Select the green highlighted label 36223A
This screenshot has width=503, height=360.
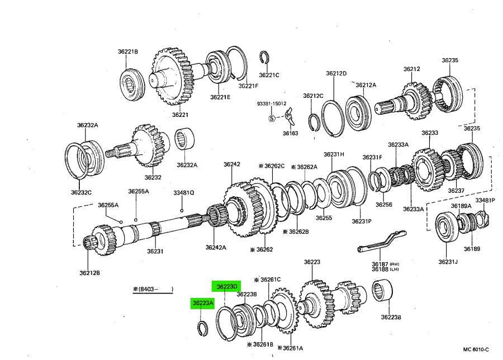(203, 303)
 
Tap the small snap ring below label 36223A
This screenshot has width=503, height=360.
(203, 329)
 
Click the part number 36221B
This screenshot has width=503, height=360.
(127, 51)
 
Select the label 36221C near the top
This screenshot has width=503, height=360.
(269, 74)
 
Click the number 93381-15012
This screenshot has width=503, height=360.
(272, 103)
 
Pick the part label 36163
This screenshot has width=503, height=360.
(290, 134)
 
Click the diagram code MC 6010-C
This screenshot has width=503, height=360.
(477, 350)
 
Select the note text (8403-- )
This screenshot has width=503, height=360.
(153, 289)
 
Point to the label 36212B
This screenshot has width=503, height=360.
(89, 273)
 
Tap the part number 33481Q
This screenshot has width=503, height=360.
(183, 193)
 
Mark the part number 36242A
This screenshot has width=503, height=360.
(215, 247)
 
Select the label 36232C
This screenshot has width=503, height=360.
(81, 192)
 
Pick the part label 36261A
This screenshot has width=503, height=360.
(293, 348)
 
